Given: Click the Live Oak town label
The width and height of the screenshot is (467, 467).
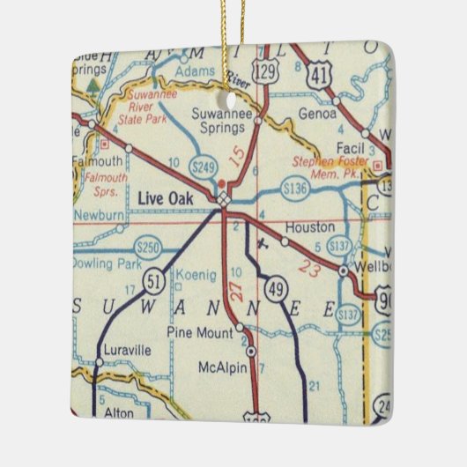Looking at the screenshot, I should (165, 199).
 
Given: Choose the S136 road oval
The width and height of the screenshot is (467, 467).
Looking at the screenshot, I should (295, 188).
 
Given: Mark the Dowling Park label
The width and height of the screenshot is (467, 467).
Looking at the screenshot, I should (99, 262).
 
